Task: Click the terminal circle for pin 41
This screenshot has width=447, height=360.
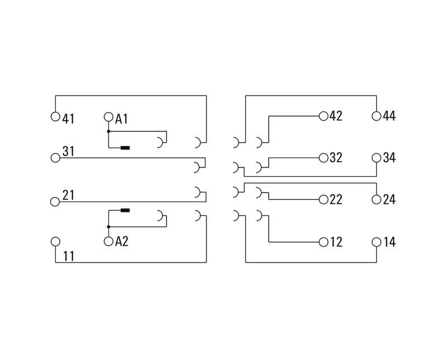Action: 55,117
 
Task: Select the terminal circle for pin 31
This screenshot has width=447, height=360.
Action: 55,158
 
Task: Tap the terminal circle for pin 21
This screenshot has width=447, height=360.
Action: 55,201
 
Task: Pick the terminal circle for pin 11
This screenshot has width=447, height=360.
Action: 55,241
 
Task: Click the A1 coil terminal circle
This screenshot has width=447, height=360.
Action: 108,117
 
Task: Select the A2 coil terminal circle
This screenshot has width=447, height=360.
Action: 108,241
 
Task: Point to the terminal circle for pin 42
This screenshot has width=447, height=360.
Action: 323,116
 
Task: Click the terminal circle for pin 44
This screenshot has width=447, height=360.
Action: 377,116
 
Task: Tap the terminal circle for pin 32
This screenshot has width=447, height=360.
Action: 323,157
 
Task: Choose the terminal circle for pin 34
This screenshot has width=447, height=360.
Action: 377,157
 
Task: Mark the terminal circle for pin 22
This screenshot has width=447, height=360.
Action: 323,199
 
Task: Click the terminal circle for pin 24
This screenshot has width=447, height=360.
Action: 377,199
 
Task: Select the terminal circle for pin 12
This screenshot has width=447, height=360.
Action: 323,242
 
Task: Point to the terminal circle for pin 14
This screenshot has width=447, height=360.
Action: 377,242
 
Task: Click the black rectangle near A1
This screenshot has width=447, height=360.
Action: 126,148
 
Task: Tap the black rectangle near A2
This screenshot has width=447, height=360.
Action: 126,210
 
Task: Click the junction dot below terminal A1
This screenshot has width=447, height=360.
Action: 108,132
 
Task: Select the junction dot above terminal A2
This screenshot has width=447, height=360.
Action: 108,227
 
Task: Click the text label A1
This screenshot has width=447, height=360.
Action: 122,118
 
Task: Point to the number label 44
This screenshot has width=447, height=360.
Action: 389,117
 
